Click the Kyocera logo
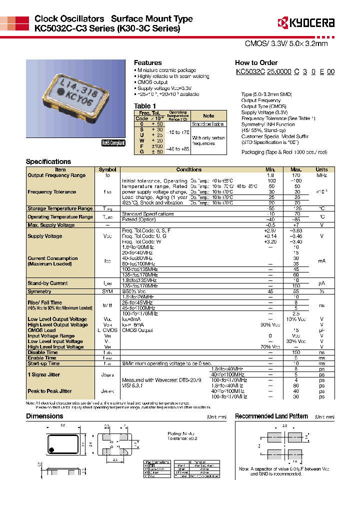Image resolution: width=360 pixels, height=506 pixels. pyautogui.click(x=306, y=23)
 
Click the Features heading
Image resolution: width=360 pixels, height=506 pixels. pyautogui.click(x=147, y=63)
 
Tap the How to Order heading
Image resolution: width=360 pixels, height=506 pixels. pyautogui.click(x=256, y=63)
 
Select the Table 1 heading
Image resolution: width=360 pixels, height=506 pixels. pyautogui.click(x=145, y=106)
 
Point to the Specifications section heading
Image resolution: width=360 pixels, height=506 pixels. pyautogui.click(x=48, y=162)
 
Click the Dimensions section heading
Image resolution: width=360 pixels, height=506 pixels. pyautogui.click(x=44, y=416)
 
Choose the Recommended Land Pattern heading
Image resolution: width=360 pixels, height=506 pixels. pyautogui.click(x=271, y=416)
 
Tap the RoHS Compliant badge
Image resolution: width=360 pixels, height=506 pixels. pyautogui.click(x=113, y=143)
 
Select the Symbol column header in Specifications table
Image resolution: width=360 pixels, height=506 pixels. pyautogui.click(x=107, y=170)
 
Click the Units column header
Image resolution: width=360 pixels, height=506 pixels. pyautogui.click(x=321, y=170)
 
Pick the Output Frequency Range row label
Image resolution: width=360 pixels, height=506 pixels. pyautogui.click(x=56, y=175)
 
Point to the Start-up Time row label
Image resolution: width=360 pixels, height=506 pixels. pyautogui.click(x=43, y=363)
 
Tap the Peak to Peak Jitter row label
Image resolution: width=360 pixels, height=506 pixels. pyautogui.click(x=49, y=391)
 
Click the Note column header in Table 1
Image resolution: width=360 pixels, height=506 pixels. pyautogui.click(x=208, y=116)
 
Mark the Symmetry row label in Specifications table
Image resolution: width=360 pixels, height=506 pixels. pyautogui.click(x=39, y=291)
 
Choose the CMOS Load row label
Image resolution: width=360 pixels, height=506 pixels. pyautogui.click(x=41, y=330)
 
